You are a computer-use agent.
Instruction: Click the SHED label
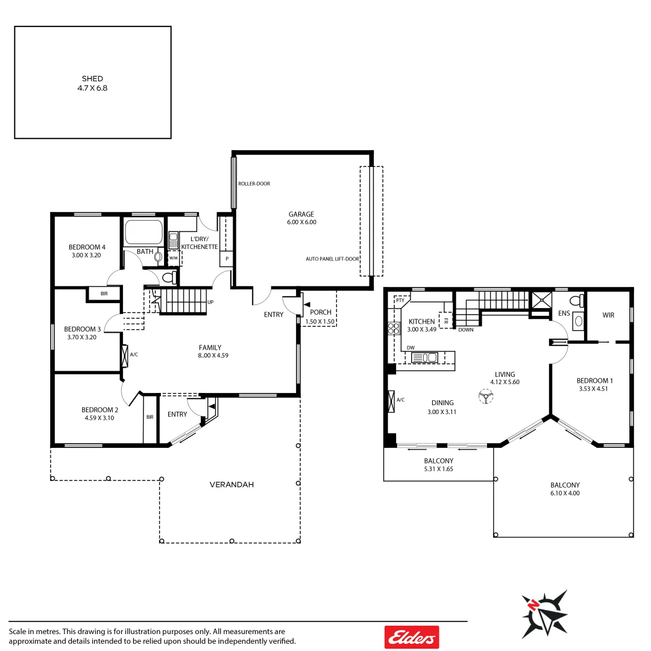click(x=92, y=83)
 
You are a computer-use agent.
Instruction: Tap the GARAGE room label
click(x=301, y=218)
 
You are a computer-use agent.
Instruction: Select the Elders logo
click(x=412, y=637)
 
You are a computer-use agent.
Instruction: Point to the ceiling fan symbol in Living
click(x=485, y=397)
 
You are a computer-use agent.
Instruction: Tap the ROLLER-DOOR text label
click(x=254, y=183)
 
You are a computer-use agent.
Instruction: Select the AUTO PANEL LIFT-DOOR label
click(x=332, y=259)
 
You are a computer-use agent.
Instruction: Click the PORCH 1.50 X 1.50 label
click(x=320, y=316)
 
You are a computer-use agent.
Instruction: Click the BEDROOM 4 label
click(x=87, y=251)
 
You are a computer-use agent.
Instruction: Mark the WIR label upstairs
click(x=608, y=315)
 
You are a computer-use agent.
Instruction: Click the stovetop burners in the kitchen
click(x=394, y=329)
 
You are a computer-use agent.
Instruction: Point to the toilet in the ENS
click(x=577, y=301)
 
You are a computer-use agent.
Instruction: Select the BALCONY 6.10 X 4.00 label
click(x=565, y=489)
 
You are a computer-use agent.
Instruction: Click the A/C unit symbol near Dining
click(x=392, y=401)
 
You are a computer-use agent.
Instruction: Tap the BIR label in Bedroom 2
click(x=149, y=417)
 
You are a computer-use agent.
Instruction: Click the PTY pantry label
click(x=400, y=299)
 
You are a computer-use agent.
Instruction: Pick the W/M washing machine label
click(x=174, y=258)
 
